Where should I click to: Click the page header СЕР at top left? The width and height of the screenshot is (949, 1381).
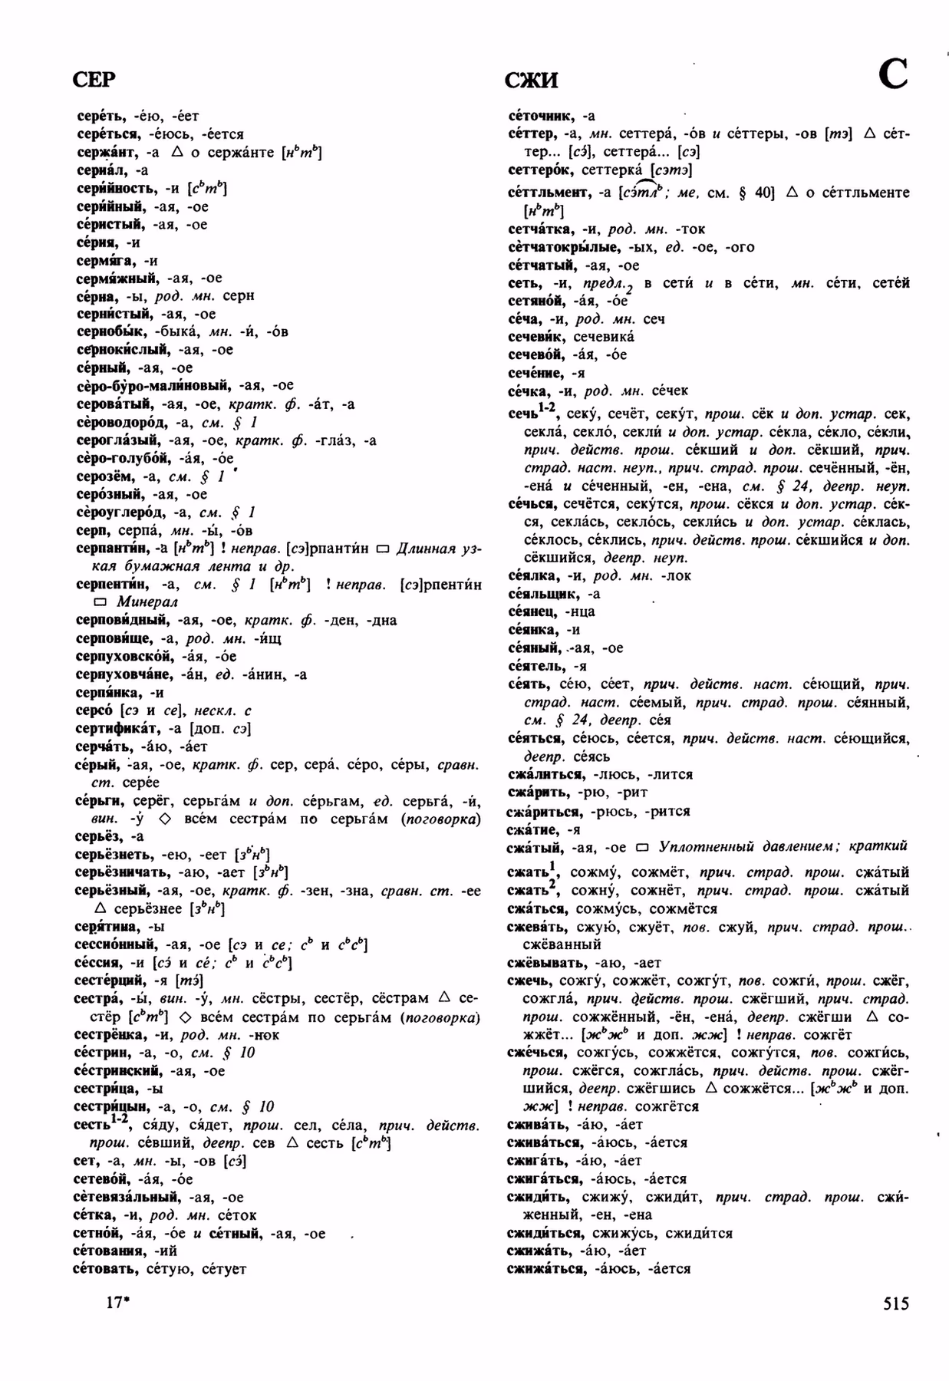point(94,80)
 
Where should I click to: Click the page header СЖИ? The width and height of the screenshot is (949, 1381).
point(531,81)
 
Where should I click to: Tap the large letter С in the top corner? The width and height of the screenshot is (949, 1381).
point(892,74)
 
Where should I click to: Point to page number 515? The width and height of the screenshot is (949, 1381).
point(895,1304)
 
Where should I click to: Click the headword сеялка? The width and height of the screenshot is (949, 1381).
point(532,576)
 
